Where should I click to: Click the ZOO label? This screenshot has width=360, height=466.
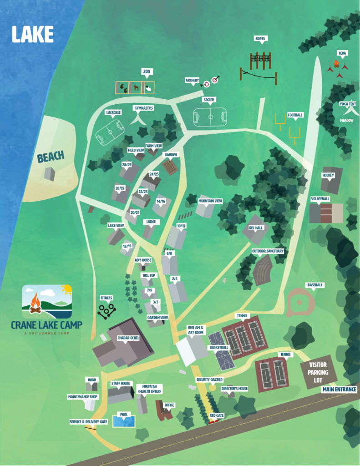(146, 72)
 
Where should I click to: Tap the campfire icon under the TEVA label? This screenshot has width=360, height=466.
(337, 64)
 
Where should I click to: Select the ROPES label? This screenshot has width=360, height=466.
(260, 39)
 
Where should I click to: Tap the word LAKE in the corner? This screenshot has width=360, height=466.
(33, 35)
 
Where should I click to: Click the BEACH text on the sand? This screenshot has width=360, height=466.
(51, 157)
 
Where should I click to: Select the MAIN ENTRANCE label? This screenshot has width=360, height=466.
(340, 390)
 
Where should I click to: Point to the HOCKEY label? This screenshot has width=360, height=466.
(328, 175)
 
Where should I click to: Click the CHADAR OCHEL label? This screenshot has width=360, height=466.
(128, 338)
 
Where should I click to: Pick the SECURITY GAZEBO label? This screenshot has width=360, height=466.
(209, 379)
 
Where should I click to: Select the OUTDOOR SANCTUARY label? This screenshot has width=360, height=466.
(268, 251)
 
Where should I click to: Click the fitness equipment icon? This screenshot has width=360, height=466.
(107, 311)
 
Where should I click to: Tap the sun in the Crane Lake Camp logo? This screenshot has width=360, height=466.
(66, 289)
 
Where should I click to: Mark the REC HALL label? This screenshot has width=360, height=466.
(256, 228)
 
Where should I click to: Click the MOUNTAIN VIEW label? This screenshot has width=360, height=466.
(210, 201)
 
